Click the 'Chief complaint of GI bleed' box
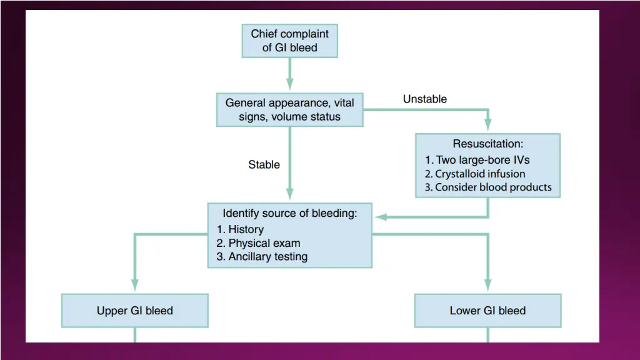pyautogui.click(x=289, y=41)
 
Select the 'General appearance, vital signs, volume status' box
pyautogui.click(x=289, y=109)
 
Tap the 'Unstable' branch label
pyautogui.click(x=424, y=99)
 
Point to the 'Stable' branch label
pyautogui.click(x=264, y=165)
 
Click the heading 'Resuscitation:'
pyautogui.click(x=488, y=144)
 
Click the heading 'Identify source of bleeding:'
pyautogui.click(x=290, y=213)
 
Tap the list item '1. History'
pyautogui.click(x=241, y=229)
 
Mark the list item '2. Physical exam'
pyautogui.click(x=259, y=243)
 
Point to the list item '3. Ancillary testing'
pyautogui.click(x=262, y=257)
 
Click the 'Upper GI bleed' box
pyautogui.click(x=134, y=311)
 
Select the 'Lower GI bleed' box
pyautogui.click(x=487, y=311)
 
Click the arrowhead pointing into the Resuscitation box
pyautogui.click(x=487, y=126)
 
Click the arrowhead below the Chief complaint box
pyautogui.click(x=289, y=85)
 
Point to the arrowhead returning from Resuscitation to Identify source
pyautogui.click(x=379, y=217)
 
